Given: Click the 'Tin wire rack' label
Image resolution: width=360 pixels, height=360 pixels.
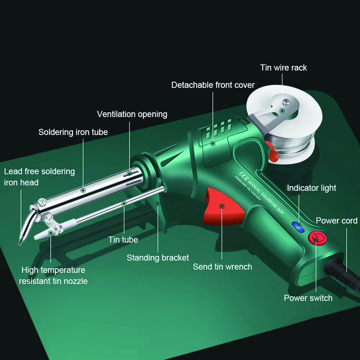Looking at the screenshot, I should coord(283,68).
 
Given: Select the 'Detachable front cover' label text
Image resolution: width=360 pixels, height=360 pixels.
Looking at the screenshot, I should coord(213,85).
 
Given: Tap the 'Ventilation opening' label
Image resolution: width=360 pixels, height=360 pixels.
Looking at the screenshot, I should coord(132,114).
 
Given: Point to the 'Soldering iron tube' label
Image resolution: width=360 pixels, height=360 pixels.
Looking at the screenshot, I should coord(73,132).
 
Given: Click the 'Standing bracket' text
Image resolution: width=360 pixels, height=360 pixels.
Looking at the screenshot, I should coord(158,258).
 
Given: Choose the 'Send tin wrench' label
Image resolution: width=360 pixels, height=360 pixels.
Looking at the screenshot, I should coord(222,267).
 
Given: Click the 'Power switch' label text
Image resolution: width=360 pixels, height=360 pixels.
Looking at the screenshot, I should coord(308,298).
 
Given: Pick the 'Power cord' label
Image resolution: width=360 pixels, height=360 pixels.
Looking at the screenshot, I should coord(337,221).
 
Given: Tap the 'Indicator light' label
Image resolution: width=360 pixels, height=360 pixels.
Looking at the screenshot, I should coord(311,188).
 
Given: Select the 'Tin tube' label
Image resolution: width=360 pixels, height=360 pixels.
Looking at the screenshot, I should coord(123,239).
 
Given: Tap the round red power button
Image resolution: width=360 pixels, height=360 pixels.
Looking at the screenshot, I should coord(316,239).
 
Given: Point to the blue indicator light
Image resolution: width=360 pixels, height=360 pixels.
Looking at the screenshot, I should coord(298,226).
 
